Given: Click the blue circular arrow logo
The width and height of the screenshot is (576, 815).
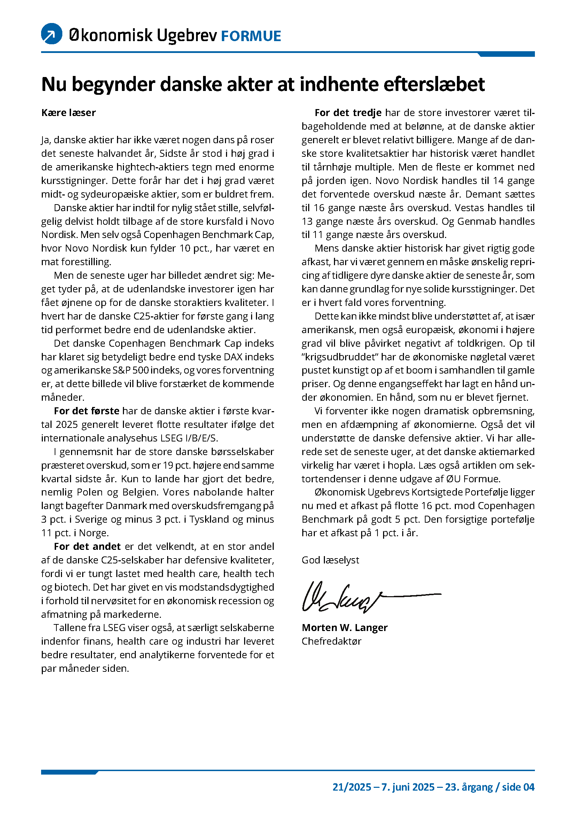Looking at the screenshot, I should pos(52,34).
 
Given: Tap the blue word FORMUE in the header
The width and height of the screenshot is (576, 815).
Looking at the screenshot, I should pos(251,36).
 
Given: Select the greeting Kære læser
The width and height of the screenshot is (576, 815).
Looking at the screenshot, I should pos(69,113).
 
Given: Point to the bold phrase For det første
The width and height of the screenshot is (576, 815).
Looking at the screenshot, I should pos(87,411).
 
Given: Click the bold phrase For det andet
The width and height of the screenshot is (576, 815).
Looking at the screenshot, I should pos(87,546).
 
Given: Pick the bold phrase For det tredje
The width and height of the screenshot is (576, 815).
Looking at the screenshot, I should pos(348,113).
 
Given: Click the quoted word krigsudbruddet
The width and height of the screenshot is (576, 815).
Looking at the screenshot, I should pos(340,357).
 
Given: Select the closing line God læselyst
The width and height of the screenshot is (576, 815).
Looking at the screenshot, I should pos(330,560).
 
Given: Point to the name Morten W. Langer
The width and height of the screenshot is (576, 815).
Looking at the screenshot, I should pos(344,628).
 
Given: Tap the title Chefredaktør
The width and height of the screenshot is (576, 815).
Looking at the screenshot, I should pos(331,641).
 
